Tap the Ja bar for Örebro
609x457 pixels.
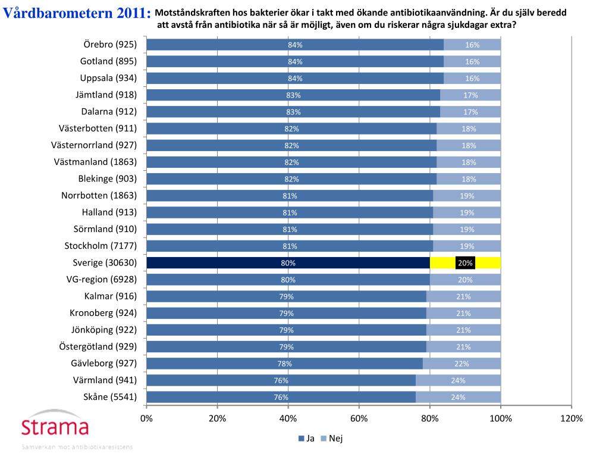294,45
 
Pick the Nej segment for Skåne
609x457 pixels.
458,397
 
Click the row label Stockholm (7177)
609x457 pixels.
101,246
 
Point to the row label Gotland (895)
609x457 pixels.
108,61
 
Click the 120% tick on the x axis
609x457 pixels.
572,419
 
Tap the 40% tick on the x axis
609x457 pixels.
288,419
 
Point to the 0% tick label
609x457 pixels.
146,419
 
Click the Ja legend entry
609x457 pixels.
306,439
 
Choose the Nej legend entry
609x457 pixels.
332,439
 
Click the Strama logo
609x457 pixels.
55,427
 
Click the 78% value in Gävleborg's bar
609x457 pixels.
284,364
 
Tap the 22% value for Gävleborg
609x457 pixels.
462,364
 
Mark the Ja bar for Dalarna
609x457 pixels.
293,111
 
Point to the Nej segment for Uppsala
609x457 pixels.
472,78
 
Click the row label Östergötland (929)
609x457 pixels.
98,346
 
